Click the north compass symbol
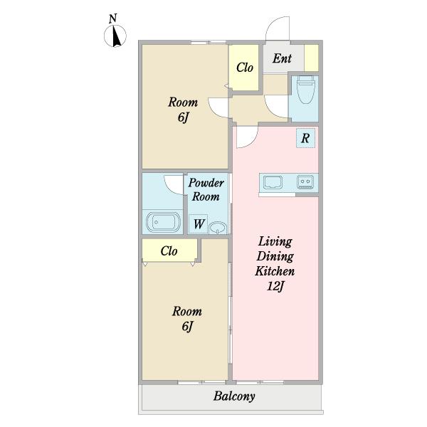click(115, 36)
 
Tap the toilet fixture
click(305, 90)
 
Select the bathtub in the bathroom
click(163, 222)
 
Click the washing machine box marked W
click(198, 224)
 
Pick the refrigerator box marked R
click(305, 138)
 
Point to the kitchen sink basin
click(273, 181)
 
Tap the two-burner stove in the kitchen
click(305, 181)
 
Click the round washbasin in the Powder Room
click(218, 228)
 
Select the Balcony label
click(234, 396)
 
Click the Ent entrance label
click(282, 58)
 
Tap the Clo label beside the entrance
click(245, 68)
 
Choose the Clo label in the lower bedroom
click(169, 251)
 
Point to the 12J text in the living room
click(275, 287)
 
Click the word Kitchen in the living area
click(275, 271)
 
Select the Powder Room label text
click(206, 189)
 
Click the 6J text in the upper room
click(183, 117)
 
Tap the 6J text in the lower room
click(187, 326)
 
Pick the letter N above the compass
click(112, 19)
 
